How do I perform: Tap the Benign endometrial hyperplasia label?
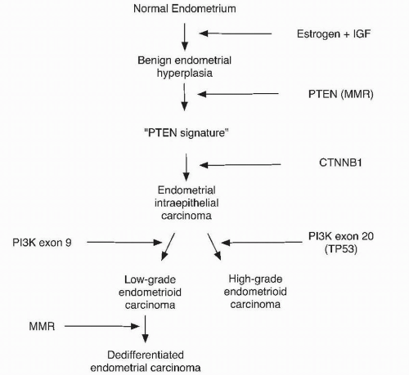[x=185, y=67]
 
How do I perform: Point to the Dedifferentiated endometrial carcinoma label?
[x=144, y=360]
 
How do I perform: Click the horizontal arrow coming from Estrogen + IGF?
[x=236, y=34]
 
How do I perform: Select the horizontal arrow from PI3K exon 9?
[x=124, y=242]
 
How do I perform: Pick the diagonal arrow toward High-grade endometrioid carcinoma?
[x=213, y=246]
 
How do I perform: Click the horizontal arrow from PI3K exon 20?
[x=262, y=243]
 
